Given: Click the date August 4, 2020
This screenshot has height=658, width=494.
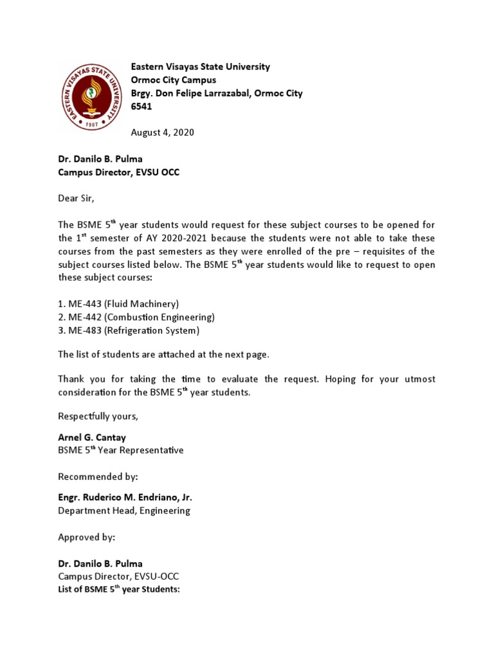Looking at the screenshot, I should (162, 132).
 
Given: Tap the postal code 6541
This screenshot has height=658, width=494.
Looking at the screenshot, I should (142, 106).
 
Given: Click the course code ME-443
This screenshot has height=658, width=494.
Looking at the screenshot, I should (86, 304).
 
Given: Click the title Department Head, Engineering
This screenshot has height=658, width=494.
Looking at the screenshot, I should (124, 511).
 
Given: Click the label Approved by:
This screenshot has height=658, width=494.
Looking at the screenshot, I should (87, 537).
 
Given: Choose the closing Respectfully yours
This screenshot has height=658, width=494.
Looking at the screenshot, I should (98, 416).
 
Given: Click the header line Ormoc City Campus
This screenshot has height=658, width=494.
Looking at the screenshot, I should (174, 80).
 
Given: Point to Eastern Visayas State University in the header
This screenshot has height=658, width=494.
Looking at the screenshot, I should (200, 67).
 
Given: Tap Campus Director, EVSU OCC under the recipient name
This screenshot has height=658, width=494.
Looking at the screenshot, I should (115, 173).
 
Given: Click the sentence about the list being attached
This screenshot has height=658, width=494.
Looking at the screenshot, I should (164, 355).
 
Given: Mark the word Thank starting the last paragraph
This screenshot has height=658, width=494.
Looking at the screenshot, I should (71, 379).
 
